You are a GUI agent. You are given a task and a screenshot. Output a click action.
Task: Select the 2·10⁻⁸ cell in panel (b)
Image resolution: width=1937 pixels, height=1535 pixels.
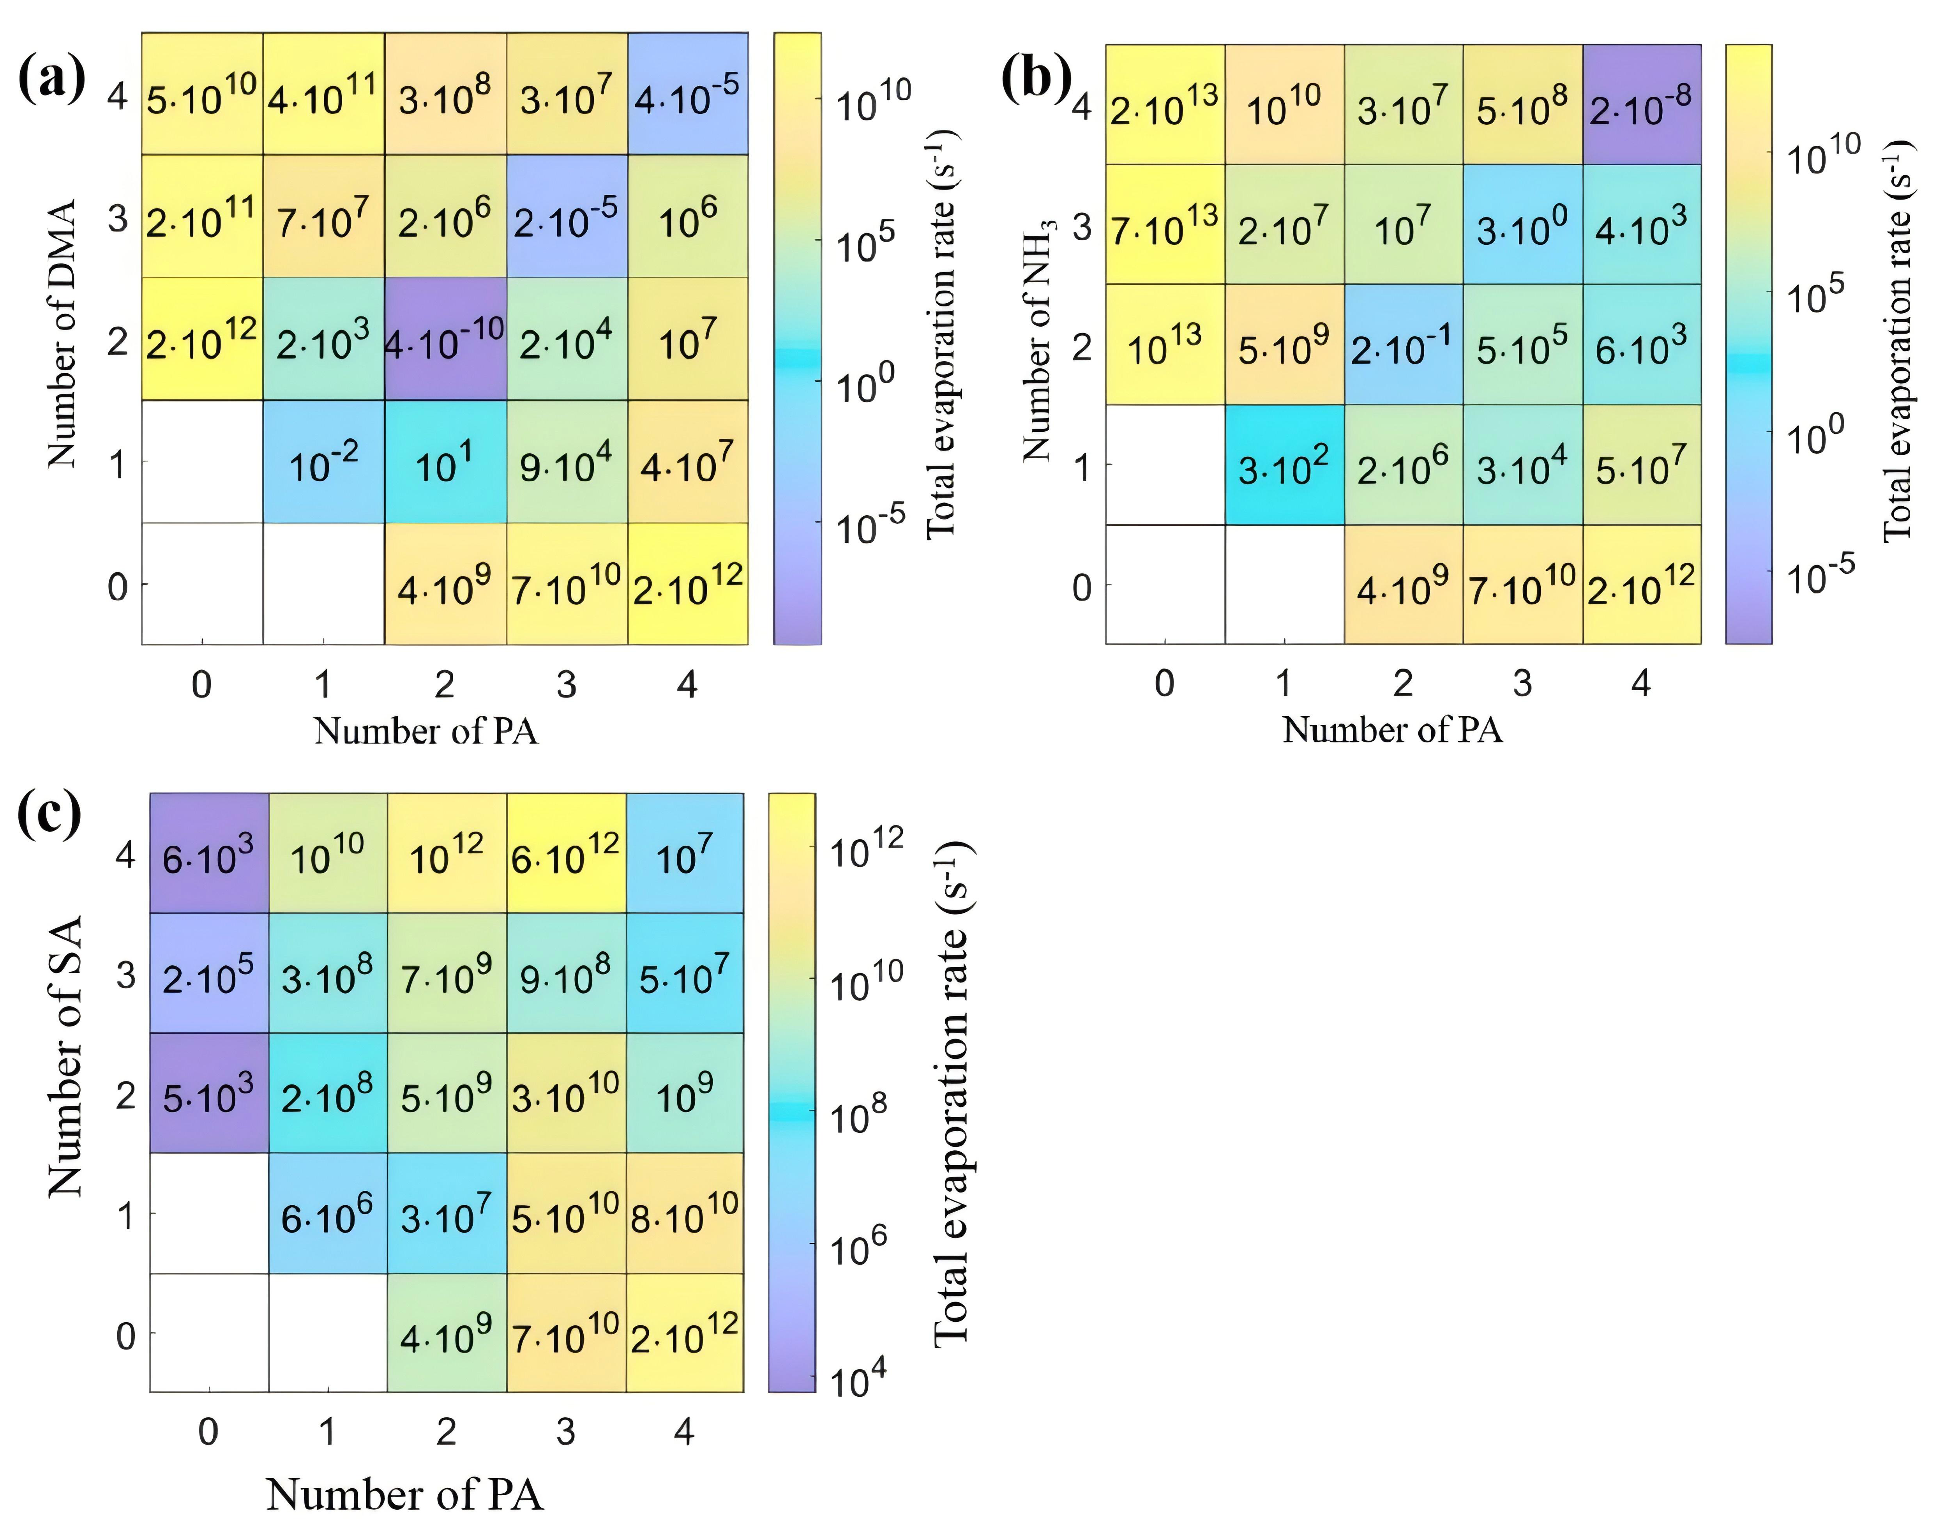(x=1641, y=104)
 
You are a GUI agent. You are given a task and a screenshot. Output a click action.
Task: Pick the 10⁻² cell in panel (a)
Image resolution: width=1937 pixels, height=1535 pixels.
(x=323, y=461)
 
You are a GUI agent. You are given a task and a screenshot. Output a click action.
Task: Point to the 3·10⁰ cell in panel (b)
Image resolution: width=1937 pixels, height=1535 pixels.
(x=1523, y=225)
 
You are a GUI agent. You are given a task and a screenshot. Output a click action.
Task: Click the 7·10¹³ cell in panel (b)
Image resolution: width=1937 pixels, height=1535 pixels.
(x=1165, y=225)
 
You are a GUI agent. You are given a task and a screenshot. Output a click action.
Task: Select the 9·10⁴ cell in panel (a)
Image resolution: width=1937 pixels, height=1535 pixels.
(x=567, y=461)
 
